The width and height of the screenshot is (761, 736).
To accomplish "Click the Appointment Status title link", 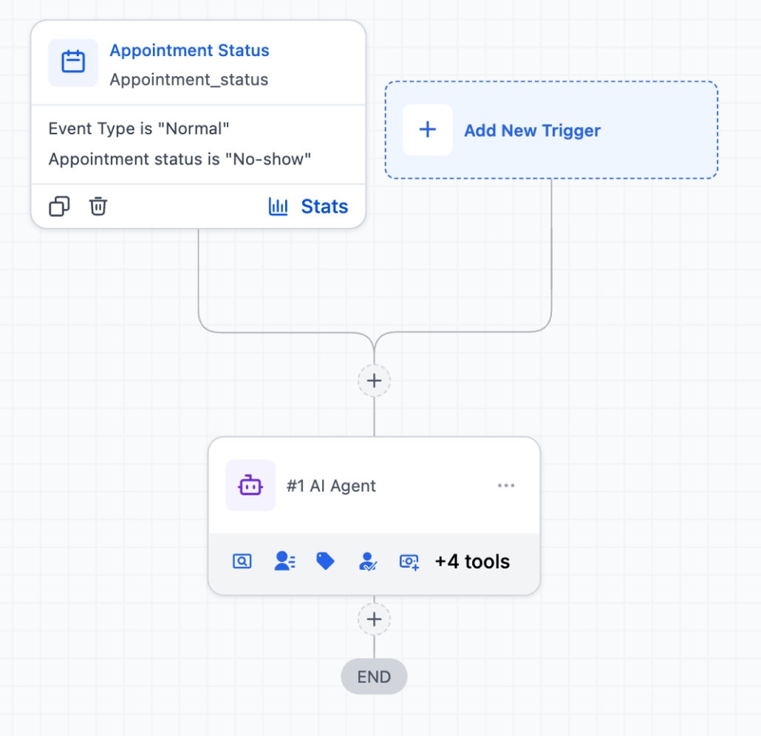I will [x=189, y=51].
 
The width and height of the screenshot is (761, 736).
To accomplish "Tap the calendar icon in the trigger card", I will [x=73, y=62].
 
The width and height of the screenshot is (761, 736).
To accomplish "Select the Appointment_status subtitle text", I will [x=188, y=80].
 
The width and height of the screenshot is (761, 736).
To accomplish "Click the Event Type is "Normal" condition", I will [x=139, y=129].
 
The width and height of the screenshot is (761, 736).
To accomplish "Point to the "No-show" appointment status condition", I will [x=180, y=159].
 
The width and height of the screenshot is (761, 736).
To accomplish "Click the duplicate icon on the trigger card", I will [x=60, y=207].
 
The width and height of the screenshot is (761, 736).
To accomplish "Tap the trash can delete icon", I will [x=98, y=207].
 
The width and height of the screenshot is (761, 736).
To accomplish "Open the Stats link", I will [x=324, y=207].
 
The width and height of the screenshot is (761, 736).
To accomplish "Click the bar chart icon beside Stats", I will [x=279, y=207].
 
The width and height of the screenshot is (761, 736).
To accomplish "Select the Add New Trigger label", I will [x=532, y=131].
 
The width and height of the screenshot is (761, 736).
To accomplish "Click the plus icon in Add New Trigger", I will [x=428, y=130].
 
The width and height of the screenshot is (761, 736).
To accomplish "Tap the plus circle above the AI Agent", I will [x=375, y=381].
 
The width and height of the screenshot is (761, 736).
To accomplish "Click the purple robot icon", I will [x=250, y=486].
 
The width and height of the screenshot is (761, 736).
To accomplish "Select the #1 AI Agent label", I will [x=331, y=486].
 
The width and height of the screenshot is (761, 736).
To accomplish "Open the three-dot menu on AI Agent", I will [x=506, y=486].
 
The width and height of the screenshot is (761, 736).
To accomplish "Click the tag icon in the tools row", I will [x=325, y=561].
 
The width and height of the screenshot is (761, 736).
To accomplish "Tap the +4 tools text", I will [x=472, y=562].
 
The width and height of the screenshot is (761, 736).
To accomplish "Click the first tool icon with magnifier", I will [x=242, y=562].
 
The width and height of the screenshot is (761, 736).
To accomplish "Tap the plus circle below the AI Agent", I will [x=375, y=619].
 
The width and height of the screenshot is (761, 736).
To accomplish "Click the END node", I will [x=374, y=676].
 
